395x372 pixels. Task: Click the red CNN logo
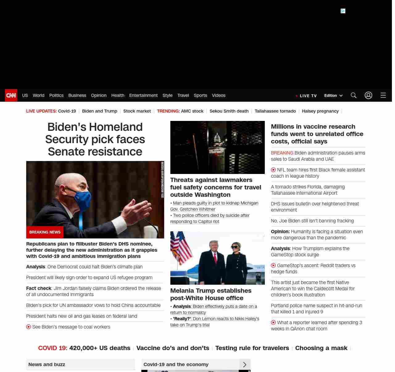coord(11,95)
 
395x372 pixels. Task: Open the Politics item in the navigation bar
coord(56,95)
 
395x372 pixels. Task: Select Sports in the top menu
coord(200,95)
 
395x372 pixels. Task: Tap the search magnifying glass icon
coord(354,95)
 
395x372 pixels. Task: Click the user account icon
coord(368,95)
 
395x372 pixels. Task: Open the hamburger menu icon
coord(383,95)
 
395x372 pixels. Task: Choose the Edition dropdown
coord(333,96)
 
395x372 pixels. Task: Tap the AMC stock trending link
coord(192,111)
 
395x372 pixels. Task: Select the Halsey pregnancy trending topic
coord(320,111)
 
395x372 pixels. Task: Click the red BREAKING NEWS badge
coord(45,232)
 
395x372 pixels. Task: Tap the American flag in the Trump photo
coord(182,247)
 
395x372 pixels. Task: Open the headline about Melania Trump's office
coord(211,294)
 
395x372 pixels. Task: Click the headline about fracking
coord(312,221)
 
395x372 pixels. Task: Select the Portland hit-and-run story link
coord(316,308)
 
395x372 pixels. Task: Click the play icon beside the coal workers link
coord(29,327)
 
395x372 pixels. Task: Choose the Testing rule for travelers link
coord(252,348)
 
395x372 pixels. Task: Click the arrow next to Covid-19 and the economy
coord(245,365)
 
